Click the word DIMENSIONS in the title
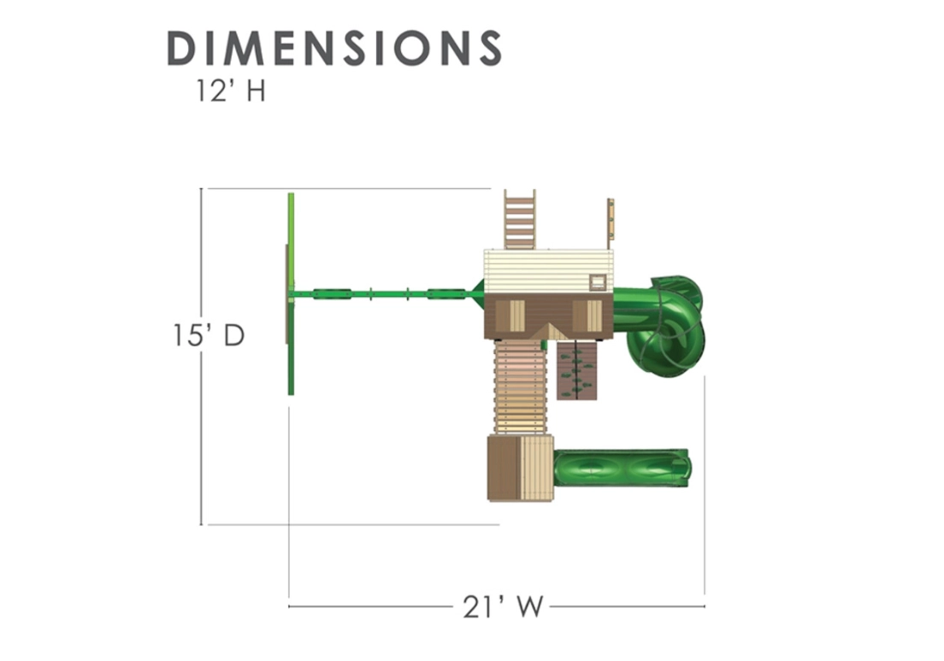[334, 48]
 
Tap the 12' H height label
[231, 91]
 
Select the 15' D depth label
[209, 335]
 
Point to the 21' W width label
[504, 607]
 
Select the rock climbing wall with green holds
[577, 370]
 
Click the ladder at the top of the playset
[520, 219]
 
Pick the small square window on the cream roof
[598, 281]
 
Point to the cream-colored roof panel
[548, 272]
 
